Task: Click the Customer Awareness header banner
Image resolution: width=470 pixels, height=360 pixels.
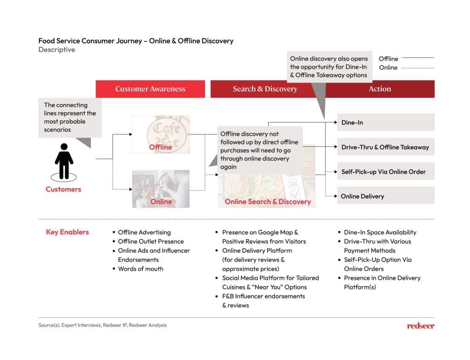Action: tap(150, 89)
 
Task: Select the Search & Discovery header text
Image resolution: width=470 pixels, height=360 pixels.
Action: tap(265, 89)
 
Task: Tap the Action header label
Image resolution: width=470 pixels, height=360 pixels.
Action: tap(380, 89)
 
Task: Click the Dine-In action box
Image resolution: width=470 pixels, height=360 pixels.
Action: tap(386, 122)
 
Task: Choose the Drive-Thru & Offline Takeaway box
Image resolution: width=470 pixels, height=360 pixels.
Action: tap(386, 147)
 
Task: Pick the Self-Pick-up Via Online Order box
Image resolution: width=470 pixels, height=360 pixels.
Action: tap(386, 172)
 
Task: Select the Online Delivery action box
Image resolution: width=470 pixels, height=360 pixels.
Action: tap(386, 196)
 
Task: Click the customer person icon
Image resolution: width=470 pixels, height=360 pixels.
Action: tap(64, 161)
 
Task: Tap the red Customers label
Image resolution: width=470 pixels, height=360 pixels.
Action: tap(63, 189)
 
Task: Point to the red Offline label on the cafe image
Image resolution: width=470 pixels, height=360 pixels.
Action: tap(161, 147)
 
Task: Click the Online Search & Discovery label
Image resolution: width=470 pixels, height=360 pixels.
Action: tap(268, 201)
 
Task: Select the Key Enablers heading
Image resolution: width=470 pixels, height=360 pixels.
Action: tap(67, 232)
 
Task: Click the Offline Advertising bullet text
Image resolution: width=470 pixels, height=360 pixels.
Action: tap(144, 233)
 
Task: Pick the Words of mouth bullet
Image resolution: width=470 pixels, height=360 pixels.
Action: tap(140, 269)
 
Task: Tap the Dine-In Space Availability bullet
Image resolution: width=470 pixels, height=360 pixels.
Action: tap(380, 233)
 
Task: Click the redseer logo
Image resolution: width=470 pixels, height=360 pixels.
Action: tap(420, 326)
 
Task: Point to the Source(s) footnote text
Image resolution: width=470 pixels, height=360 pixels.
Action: tap(103, 325)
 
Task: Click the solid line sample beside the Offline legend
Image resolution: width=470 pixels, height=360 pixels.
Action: tap(417, 58)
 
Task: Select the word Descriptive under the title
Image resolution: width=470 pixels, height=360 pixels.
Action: tap(56, 50)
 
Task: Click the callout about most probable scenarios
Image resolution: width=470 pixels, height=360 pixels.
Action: tap(70, 117)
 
